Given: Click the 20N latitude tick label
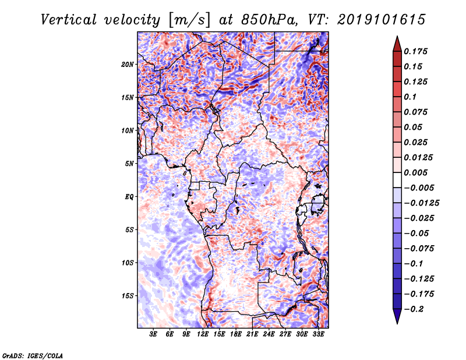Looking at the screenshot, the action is point(128,65).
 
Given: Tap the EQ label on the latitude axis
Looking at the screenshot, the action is point(129,197).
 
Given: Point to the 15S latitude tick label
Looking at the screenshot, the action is point(128,296).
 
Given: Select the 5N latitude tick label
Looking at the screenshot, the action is point(129,164).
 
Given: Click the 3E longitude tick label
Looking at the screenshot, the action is point(153,334).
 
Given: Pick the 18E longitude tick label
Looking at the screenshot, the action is point(236,334).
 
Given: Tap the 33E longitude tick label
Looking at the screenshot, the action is point(318,334).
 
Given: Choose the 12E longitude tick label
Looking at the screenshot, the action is point(203,334).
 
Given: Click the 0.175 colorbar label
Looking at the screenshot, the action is point(415,51).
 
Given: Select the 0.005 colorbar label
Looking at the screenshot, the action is point(415,172).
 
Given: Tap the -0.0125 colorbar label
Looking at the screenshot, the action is point(421,203).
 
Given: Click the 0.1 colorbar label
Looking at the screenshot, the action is point(410,97).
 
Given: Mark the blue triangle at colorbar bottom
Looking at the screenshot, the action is point(397,315).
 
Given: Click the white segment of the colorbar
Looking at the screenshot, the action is point(397,180).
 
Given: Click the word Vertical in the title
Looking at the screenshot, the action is point(69,20).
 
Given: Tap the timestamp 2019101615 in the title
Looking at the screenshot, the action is point(382,20).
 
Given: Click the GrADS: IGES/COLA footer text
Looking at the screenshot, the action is point(33,355).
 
